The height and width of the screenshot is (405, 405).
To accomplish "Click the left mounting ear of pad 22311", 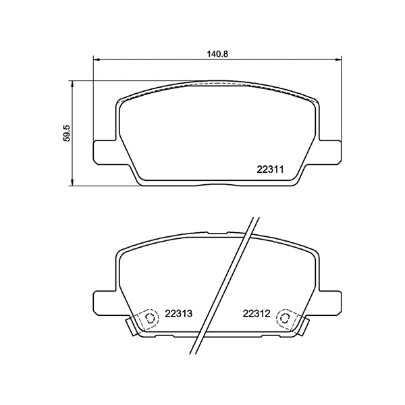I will [103, 151].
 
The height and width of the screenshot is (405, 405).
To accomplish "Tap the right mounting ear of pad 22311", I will [329, 151].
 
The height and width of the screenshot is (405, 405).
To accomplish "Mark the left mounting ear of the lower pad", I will [103, 302].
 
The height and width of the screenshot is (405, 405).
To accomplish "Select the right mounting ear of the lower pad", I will [329, 302].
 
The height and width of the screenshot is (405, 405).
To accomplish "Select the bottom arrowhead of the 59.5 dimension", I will [72, 184].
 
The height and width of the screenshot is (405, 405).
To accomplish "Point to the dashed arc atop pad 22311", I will [216, 84].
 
